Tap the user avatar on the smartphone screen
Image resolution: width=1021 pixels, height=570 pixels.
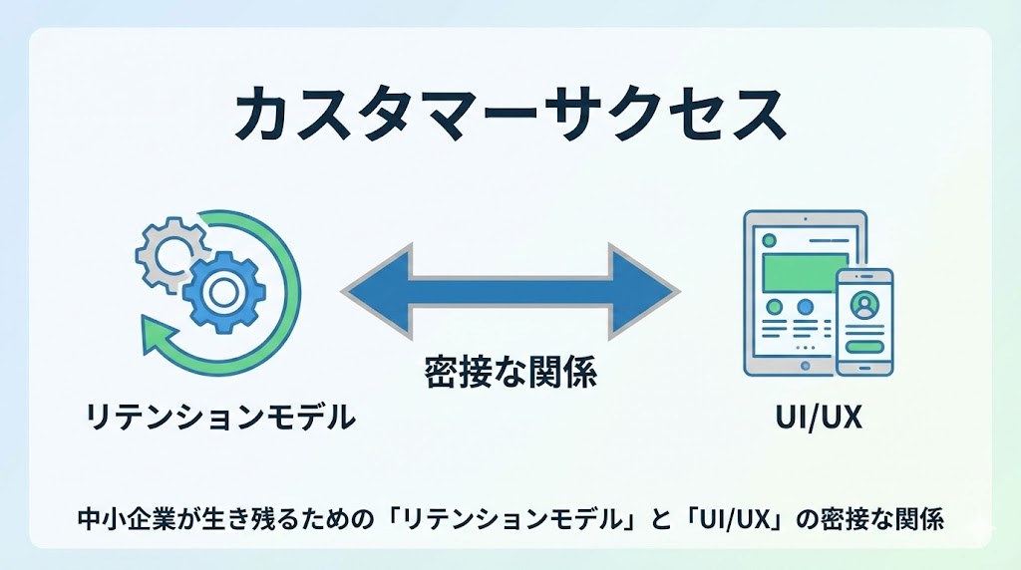coord(863,301)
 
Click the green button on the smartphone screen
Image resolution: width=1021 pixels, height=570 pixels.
coord(863,346)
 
